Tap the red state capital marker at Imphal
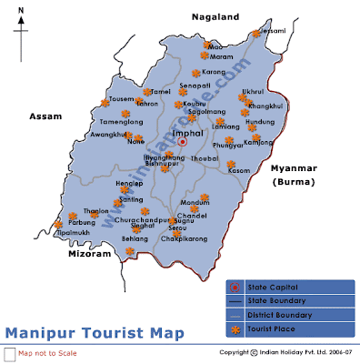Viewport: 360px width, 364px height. click(x=183, y=142)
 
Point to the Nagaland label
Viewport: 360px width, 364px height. click(x=215, y=16)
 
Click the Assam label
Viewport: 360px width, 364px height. click(x=45, y=116)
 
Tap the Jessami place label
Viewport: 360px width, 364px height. click(x=274, y=31)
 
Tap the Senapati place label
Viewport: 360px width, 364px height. click(x=195, y=86)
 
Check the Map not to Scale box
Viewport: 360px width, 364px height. click(x=9, y=353)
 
